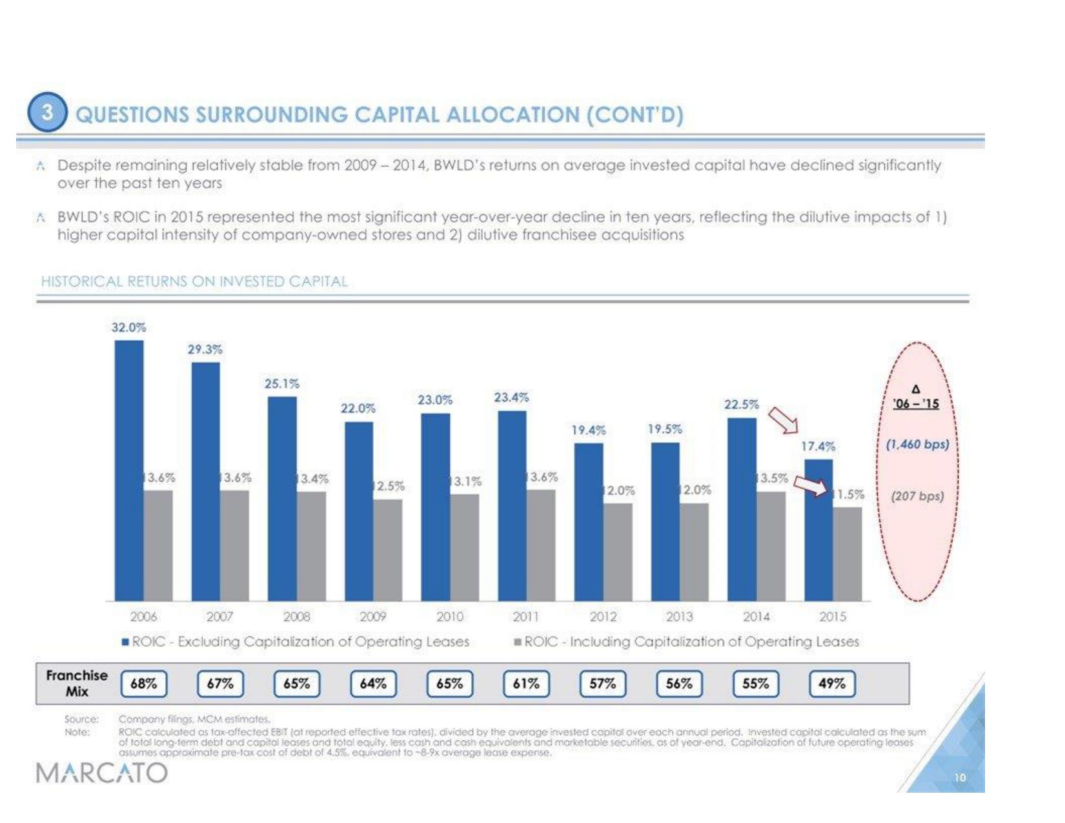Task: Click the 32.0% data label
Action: [129, 327]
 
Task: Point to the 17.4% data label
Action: [818, 446]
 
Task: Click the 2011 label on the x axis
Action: [526, 616]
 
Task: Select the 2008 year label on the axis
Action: [296, 616]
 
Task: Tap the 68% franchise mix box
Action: [144, 684]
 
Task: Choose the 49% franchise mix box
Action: [832, 684]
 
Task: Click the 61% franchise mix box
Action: [526, 684]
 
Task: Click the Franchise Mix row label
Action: [77, 683]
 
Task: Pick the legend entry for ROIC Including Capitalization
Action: [687, 642]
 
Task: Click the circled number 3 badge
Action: [47, 113]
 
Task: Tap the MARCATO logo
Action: [102, 772]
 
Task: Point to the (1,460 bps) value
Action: [917, 444]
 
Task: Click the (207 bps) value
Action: [917, 496]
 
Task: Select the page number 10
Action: [960, 777]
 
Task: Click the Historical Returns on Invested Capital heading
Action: [194, 281]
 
